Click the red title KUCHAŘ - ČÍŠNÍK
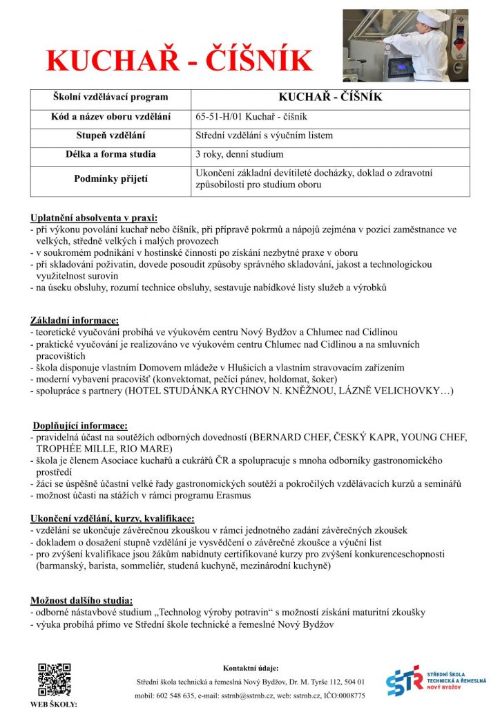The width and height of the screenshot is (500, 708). pyautogui.click(x=179, y=60)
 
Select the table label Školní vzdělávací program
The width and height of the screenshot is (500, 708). pyautogui.click(x=110, y=97)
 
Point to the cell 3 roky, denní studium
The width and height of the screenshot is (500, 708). pyautogui.click(x=239, y=154)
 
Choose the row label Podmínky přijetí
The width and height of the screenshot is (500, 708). pyautogui.click(x=110, y=179)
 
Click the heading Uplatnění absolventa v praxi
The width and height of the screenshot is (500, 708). pyautogui.click(x=94, y=218)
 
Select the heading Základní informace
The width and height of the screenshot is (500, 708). pyautogui.click(x=75, y=321)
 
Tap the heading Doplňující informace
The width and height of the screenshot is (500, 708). pyautogui.click(x=80, y=426)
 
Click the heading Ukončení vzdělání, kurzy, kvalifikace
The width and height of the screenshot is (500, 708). pyautogui.click(x=113, y=518)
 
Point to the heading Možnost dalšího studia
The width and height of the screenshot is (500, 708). pyautogui.click(x=81, y=600)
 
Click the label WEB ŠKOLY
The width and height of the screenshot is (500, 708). pyautogui.click(x=53, y=704)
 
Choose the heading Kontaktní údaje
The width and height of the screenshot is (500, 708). pyautogui.click(x=251, y=668)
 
